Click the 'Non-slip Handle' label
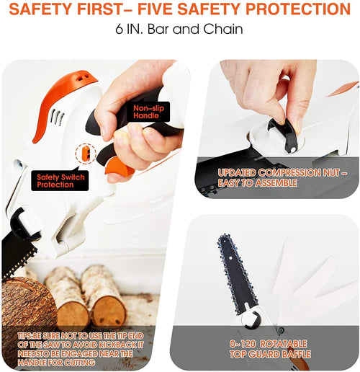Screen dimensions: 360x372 click(149, 112)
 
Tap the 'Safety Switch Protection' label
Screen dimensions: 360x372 click(60, 181)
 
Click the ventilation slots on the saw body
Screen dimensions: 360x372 click(57, 118)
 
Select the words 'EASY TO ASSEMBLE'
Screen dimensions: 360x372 click(258, 183)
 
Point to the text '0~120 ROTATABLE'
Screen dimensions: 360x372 click(268, 344)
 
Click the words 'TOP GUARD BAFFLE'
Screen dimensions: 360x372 click(270, 354)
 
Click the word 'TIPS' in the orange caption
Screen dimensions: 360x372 click(24, 336)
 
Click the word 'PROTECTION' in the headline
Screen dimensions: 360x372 click(298, 9)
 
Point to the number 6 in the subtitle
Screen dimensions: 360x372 click(120, 29)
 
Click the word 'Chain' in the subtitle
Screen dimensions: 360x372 click(223, 29)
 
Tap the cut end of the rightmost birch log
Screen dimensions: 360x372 click(109, 311)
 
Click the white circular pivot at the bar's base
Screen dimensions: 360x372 click(251, 319)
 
